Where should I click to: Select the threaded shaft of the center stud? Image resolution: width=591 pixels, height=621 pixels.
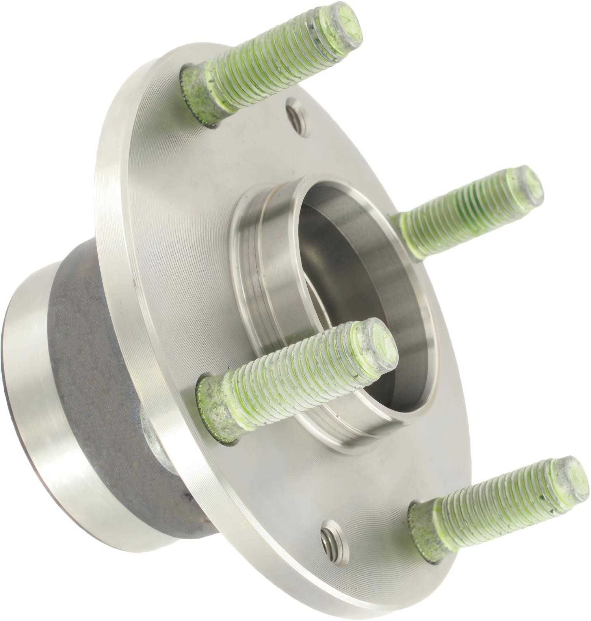295,378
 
